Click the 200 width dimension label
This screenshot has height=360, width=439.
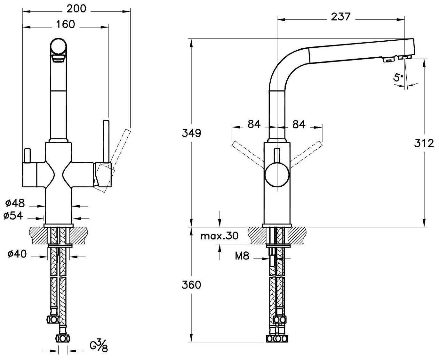[76, 9]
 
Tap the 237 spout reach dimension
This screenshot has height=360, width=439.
[340, 17]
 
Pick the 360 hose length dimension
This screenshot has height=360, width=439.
[191, 284]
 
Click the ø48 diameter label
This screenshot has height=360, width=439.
[15, 203]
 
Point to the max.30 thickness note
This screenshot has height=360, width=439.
[219, 236]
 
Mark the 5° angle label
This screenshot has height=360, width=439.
[398, 77]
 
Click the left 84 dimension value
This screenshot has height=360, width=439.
[254, 124]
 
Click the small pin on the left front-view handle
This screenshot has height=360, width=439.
[28, 155]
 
